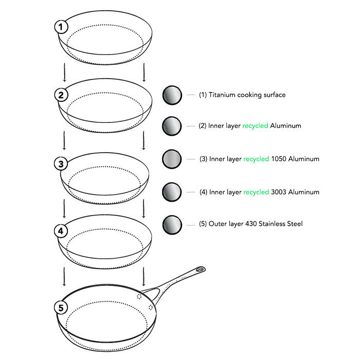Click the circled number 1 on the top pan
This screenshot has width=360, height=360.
61,27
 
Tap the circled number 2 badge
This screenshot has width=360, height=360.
61,95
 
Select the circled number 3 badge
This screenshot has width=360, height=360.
61,164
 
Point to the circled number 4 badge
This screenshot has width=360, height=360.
61,231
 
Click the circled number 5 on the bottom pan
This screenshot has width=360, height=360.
61,308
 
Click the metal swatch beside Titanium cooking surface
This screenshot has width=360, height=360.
172,95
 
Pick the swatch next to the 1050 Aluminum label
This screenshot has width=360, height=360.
172,159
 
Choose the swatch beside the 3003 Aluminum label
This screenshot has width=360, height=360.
172,192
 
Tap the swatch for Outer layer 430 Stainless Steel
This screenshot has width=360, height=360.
172,225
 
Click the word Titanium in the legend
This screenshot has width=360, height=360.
222,95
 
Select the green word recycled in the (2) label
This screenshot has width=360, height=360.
255,126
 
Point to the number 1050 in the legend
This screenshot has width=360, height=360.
279,159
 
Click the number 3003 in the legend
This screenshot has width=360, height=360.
279,192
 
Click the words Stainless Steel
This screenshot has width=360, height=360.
282,224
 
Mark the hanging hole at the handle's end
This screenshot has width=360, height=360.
201,269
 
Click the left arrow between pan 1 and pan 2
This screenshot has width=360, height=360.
64,72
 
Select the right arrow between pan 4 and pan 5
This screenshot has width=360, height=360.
143,277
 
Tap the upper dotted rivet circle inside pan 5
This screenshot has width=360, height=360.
139,296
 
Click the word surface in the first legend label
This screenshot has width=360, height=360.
275,95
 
